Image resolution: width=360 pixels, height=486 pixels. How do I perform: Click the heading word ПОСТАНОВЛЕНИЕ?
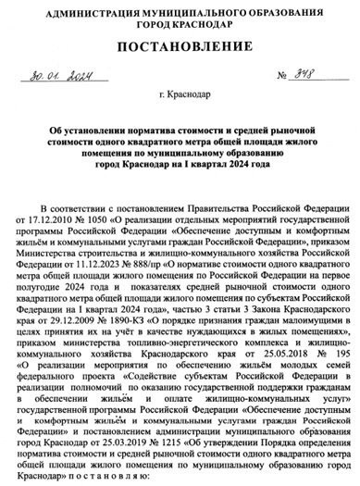[180, 46]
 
